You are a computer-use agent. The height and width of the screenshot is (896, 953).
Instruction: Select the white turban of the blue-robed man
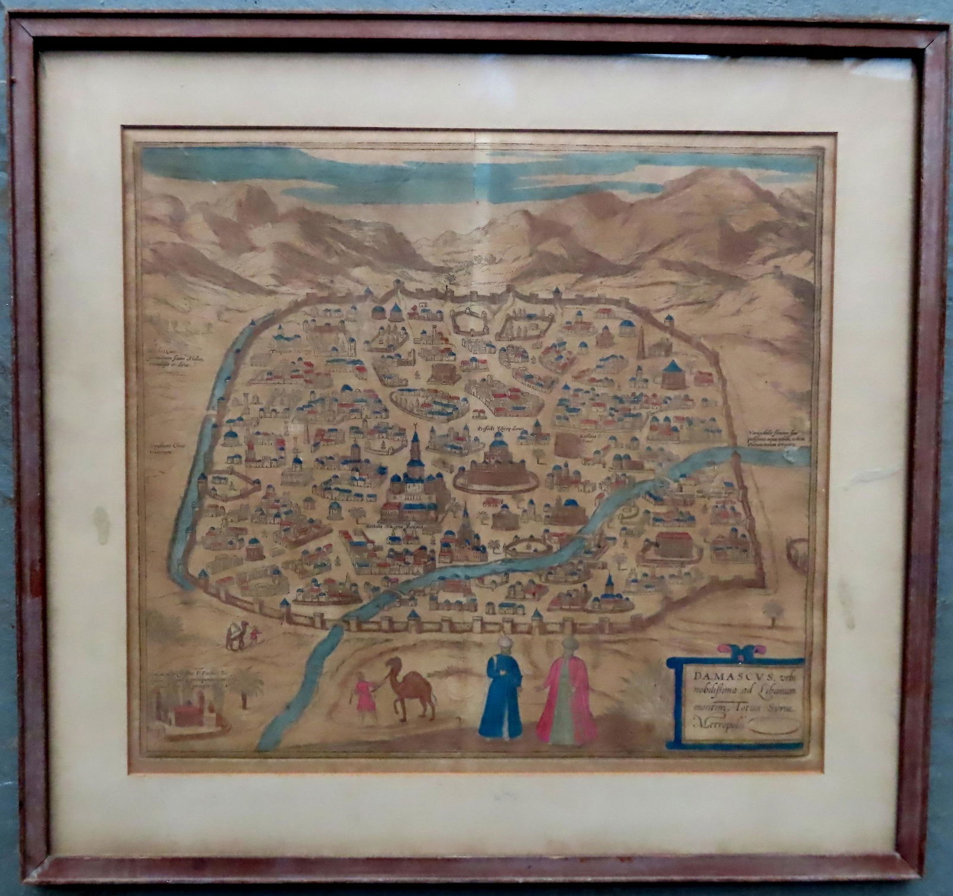tap(504, 643)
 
